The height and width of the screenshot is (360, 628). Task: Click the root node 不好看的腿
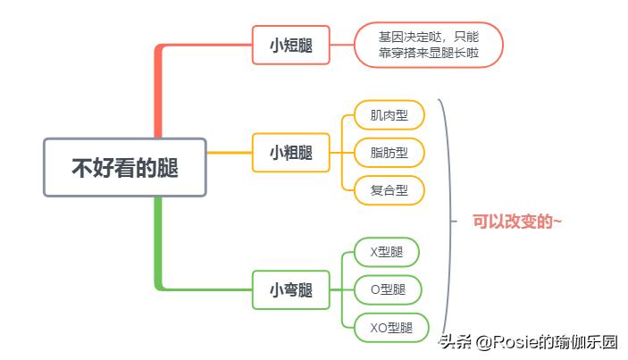(125, 167)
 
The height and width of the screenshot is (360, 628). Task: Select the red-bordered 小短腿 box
(291, 45)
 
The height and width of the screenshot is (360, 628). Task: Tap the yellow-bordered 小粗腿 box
(291, 153)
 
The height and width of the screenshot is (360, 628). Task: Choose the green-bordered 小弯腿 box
(291, 289)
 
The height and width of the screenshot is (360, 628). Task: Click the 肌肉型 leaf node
(389, 115)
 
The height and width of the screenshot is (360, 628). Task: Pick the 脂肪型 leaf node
(389, 153)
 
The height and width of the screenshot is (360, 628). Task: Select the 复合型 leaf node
(389, 189)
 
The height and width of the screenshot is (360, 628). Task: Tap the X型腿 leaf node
(386, 252)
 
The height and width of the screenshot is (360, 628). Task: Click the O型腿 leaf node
(387, 289)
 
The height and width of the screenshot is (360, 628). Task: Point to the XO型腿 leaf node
(391, 327)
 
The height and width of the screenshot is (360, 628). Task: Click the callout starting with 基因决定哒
(428, 45)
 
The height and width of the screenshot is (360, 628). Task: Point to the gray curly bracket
(448, 219)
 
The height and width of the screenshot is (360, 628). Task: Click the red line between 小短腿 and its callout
(342, 45)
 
